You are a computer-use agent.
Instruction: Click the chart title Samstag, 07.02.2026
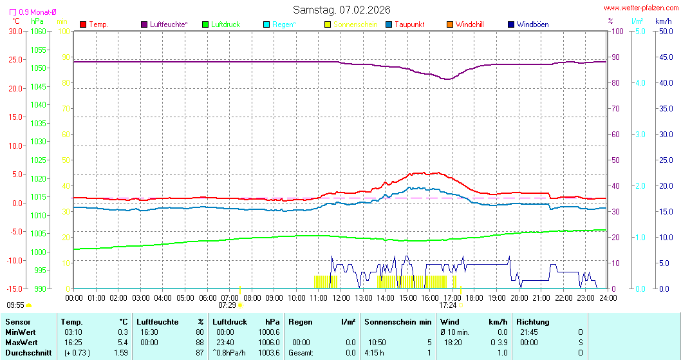coord(341,10)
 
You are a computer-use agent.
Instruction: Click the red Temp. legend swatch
coord(83,24)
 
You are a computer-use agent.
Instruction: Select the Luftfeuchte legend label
coord(169,24)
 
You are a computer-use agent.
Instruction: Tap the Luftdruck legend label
coord(225,24)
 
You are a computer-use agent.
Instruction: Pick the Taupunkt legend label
coord(409,24)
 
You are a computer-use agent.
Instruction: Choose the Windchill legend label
coord(469,24)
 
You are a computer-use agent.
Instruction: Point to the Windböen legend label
coord(532,24)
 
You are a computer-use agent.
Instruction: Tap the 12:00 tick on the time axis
coord(341,298)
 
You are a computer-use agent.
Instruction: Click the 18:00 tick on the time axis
coord(475,298)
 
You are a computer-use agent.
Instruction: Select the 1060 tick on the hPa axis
coord(38,31)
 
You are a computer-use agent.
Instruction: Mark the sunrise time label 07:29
coord(227,305)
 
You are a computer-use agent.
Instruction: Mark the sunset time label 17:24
coord(448,305)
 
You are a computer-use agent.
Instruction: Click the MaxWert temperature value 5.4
coord(123,342)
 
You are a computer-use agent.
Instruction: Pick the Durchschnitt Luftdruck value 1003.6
coord(268,352)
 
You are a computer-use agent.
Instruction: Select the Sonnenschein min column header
coord(398,321)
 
